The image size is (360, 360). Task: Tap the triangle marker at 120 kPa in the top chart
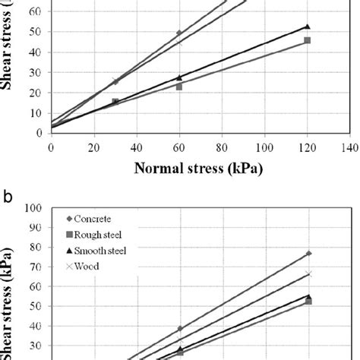pos(307,27)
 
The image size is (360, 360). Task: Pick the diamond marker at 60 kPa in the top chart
pos(179,33)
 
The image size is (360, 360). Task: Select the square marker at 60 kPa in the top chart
pos(179,87)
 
